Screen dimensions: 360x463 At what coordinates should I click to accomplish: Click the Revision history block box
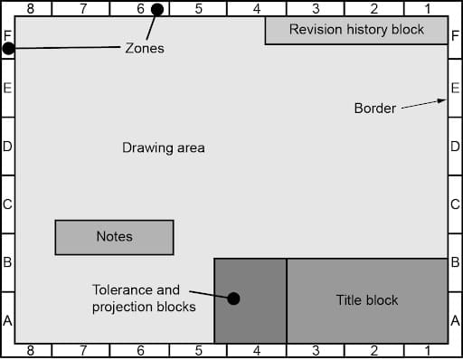pyautogui.click(x=356, y=30)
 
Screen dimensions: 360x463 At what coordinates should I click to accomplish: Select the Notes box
pyautogui.click(x=114, y=237)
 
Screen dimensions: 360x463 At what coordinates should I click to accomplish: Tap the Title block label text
pyautogui.click(x=367, y=300)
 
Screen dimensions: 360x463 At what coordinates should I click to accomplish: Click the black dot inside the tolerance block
pyautogui.click(x=233, y=298)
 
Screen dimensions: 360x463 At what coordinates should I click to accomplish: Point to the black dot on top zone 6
pyautogui.click(x=157, y=10)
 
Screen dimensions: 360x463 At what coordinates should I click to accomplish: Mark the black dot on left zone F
pyautogui.click(x=8, y=48)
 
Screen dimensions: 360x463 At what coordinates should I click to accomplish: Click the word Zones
pyautogui.click(x=144, y=48)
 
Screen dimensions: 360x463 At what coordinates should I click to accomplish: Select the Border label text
pyautogui.click(x=374, y=109)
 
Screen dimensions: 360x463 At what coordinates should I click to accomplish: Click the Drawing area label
pyautogui.click(x=164, y=147)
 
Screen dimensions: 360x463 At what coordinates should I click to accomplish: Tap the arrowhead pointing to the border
pyautogui.click(x=444, y=100)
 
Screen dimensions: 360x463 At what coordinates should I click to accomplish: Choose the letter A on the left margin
pyautogui.click(x=7, y=320)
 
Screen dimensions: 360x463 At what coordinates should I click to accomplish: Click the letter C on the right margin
pyautogui.click(x=456, y=204)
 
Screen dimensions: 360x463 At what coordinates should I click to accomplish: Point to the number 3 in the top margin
pyautogui.click(x=316, y=8)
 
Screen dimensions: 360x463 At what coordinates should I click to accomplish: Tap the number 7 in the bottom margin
pyautogui.click(x=83, y=351)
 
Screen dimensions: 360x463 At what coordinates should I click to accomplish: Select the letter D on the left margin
pyautogui.click(x=7, y=146)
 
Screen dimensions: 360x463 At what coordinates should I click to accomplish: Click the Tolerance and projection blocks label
pyautogui.click(x=136, y=299)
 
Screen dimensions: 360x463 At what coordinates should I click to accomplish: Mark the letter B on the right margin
pyautogui.click(x=456, y=262)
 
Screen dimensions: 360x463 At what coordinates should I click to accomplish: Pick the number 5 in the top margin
pyautogui.click(x=198, y=8)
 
